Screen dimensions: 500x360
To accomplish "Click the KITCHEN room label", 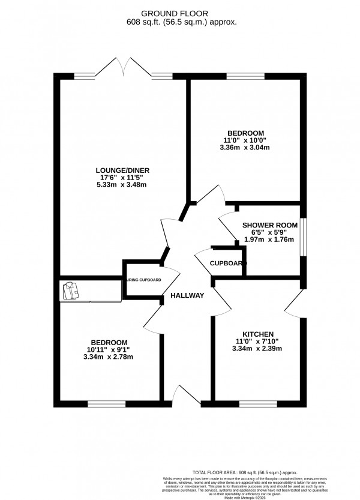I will [x=258, y=334].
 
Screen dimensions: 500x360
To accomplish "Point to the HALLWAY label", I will [x=187, y=295].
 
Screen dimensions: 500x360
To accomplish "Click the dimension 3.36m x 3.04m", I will [x=245, y=148].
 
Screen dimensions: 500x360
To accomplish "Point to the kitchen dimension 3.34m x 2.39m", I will [x=258, y=349].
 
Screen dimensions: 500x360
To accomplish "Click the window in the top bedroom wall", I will [x=244, y=76].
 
